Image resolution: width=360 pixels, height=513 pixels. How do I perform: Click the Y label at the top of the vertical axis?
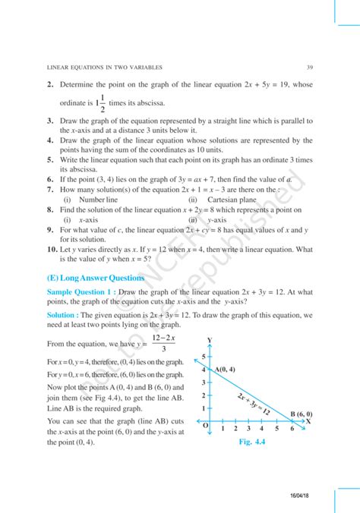pos(209,341)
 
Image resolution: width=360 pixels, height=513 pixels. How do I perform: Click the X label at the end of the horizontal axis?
pos(308,420)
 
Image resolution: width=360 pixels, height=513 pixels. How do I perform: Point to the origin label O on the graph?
pos(204,426)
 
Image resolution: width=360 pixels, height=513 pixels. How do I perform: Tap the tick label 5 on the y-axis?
pos(204,356)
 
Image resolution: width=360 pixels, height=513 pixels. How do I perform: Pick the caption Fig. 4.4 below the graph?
pos(254,441)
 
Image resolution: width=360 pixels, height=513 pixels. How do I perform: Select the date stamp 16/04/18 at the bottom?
pos(310,494)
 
